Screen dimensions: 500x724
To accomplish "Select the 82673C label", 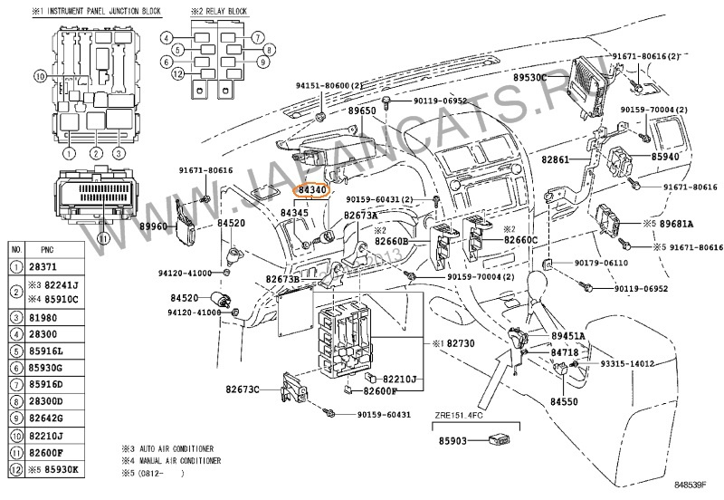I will (x=243, y=389).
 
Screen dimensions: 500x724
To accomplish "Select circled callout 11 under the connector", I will (x=102, y=238).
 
